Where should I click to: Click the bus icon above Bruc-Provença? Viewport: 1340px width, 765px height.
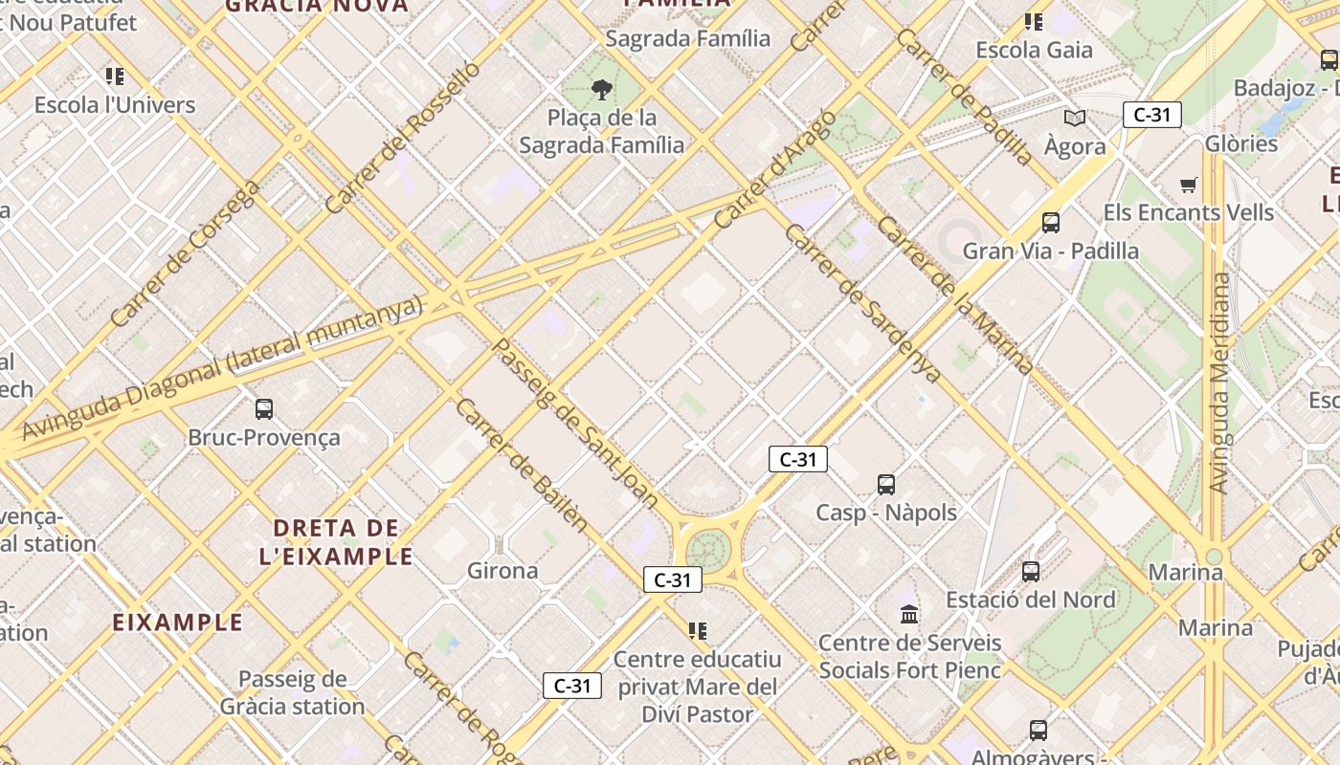point(264,409)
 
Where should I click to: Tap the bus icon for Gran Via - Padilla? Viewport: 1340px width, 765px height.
point(1051,223)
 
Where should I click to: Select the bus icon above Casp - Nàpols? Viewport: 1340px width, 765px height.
point(886,485)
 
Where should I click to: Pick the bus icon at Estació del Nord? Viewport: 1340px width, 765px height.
point(1031,572)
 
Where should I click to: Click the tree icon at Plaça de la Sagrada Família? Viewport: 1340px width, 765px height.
point(602,90)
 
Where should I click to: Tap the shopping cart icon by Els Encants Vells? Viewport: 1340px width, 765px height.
point(1189,185)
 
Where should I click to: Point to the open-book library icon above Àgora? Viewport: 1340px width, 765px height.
point(1075,118)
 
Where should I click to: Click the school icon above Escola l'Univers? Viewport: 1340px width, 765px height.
point(115,76)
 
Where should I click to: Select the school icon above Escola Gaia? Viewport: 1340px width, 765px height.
point(1034,22)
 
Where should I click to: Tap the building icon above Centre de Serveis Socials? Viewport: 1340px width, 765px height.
point(909,614)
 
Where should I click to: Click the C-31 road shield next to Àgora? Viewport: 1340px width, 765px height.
point(1152,116)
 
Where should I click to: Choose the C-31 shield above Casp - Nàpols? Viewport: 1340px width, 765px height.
point(798,459)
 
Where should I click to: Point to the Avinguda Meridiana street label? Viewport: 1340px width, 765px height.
point(1219,382)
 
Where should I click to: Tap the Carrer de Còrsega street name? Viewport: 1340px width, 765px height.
point(185,253)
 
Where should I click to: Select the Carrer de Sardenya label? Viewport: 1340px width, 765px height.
point(862,303)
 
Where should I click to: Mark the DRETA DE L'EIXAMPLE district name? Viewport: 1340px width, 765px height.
point(336,541)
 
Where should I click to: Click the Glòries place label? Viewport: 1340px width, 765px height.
point(1241,143)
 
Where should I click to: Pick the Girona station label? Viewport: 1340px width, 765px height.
point(502,571)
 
